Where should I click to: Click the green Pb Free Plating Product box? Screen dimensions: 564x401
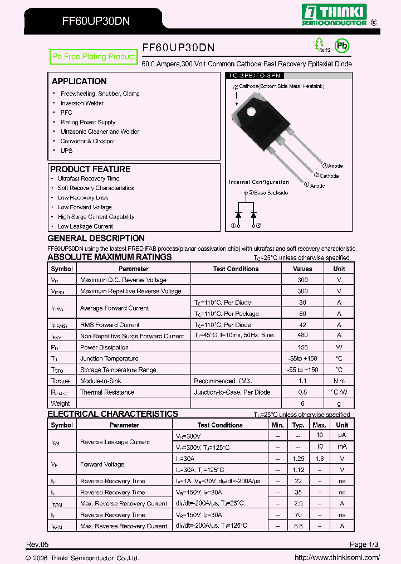coord(94,57)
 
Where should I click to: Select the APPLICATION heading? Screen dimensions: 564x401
coord(79,81)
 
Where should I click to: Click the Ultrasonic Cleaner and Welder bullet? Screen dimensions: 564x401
coord(100,132)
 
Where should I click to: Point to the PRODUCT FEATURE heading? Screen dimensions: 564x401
coord(90,169)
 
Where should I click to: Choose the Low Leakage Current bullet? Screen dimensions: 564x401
coord(85,226)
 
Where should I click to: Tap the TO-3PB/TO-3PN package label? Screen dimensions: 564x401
coord(257,75)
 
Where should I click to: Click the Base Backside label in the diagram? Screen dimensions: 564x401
coord(271,193)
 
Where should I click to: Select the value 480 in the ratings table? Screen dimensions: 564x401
coord(302,336)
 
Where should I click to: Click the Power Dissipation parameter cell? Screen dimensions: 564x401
coord(104,347)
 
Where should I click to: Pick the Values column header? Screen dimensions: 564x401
coord(302,269)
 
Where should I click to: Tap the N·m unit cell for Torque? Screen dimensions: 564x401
coord(339,381)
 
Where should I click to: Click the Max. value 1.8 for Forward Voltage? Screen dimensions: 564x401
coord(319,459)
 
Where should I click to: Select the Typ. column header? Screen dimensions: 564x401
coord(299,425)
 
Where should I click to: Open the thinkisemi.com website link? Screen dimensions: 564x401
coord(337,557)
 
